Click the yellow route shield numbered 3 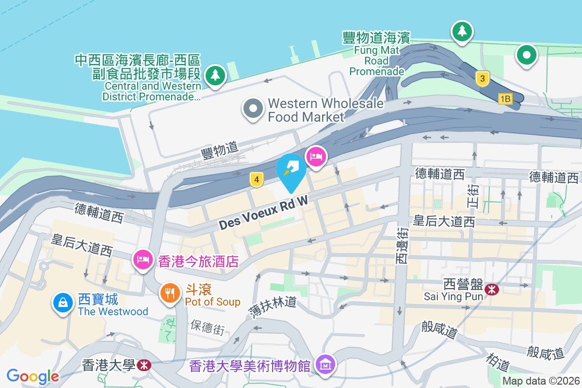pyautogui.click(x=482, y=79)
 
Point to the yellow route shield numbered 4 pyautogui.click(x=257, y=180)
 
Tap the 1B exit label pyautogui.click(x=505, y=99)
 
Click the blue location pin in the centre pyautogui.click(x=291, y=171)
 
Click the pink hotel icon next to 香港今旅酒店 pyautogui.click(x=143, y=259)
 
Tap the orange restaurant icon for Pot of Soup pyautogui.click(x=170, y=293)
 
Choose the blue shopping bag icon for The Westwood pyautogui.click(x=63, y=303)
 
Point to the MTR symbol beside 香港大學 pyautogui.click(x=144, y=365)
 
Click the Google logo pyautogui.click(x=32, y=376)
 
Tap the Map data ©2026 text pyautogui.click(x=541, y=381)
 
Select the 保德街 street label pyautogui.click(x=208, y=327)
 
